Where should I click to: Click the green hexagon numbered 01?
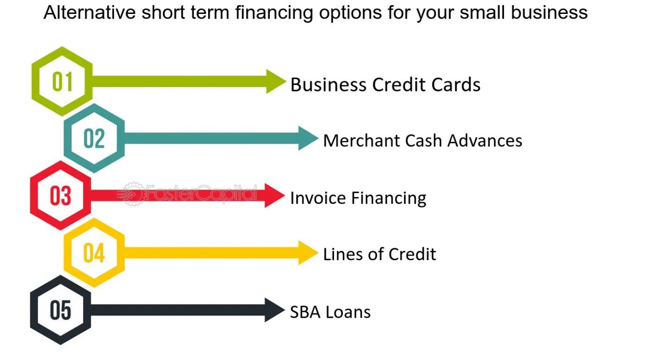(35, 81)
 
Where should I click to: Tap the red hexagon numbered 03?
(33, 196)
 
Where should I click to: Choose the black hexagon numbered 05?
(33, 310)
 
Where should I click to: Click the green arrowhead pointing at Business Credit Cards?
(275, 81)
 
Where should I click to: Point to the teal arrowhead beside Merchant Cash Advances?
(307, 138)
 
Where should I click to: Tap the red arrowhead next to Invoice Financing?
(274, 196)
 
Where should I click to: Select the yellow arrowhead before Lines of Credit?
(307, 253)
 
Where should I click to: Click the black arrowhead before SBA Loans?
(274, 310)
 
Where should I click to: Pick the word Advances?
(484, 141)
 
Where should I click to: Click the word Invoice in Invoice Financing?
(318, 198)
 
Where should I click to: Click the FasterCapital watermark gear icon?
(132, 194)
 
